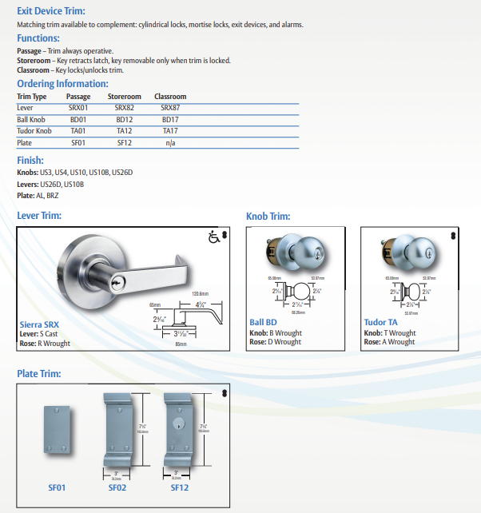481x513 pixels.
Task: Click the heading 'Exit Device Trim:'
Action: (51, 11)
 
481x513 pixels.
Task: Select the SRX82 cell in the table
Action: (124, 107)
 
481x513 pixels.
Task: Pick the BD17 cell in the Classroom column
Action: (169, 119)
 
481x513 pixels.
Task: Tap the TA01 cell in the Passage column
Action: (78, 131)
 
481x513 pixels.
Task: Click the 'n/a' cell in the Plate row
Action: (170, 143)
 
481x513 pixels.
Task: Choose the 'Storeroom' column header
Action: (124, 97)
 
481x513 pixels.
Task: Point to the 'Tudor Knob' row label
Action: (34, 131)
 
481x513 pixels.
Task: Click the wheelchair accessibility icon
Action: (213, 237)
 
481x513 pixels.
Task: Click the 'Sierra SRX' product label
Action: (39, 324)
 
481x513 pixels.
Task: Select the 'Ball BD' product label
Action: (264, 324)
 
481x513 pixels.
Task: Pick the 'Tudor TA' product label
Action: (381, 324)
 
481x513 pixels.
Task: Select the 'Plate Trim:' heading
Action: (38, 373)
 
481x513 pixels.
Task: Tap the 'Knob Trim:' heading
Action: (268, 217)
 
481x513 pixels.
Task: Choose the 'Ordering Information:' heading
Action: (62, 84)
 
